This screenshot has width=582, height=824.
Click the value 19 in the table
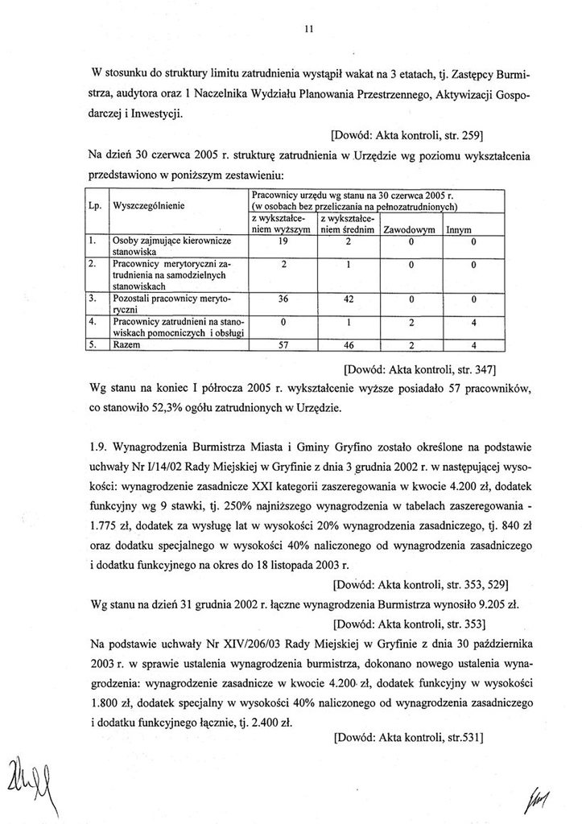click(283, 241)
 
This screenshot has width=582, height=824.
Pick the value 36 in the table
click(283, 299)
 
